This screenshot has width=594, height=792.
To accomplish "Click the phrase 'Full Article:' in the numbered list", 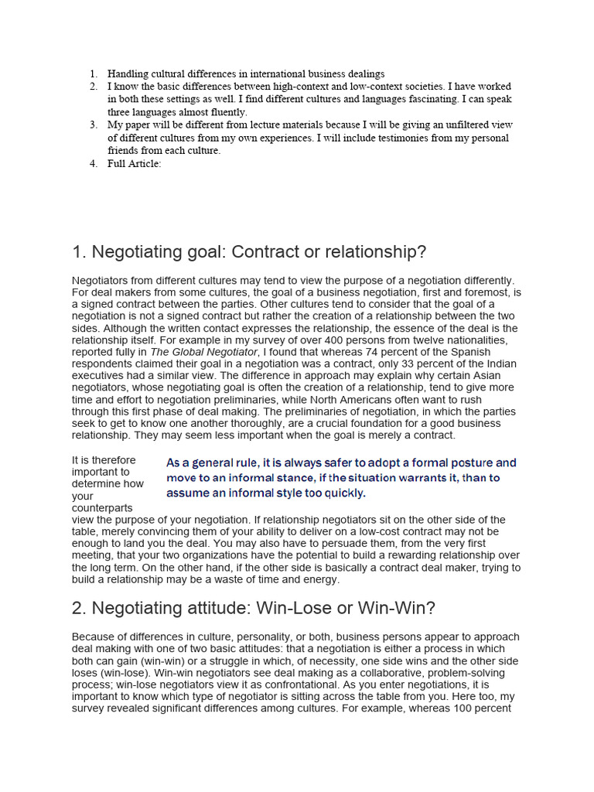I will pos(134,163).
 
